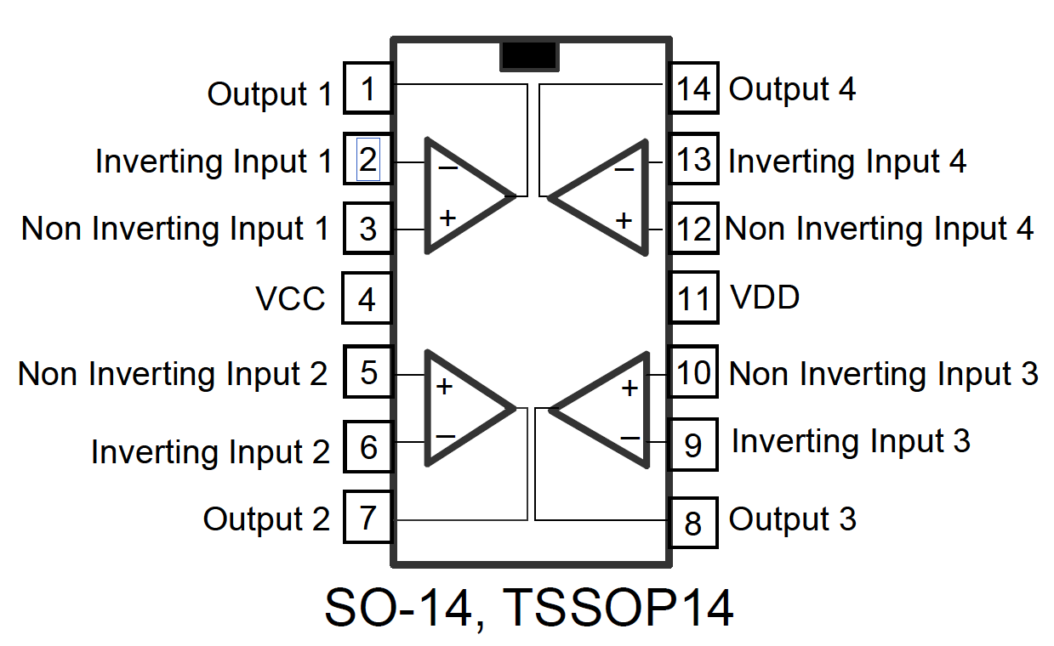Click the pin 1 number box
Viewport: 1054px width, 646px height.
click(367, 88)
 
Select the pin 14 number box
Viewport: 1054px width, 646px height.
click(693, 88)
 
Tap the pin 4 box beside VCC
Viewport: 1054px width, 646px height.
click(367, 298)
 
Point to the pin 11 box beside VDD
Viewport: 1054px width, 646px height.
click(693, 298)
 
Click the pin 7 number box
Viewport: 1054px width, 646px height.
click(367, 516)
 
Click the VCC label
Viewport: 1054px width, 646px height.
click(290, 299)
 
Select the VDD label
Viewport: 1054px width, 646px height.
click(765, 297)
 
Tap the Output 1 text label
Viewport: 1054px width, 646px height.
click(270, 93)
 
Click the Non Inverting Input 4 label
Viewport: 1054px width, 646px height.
click(879, 229)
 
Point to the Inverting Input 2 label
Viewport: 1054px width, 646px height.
click(210, 451)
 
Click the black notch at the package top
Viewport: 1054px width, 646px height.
click(529, 55)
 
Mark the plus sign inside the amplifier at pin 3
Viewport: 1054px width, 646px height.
click(447, 218)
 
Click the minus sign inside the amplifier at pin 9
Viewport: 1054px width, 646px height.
click(630, 438)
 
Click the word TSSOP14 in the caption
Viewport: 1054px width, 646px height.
click(618, 607)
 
